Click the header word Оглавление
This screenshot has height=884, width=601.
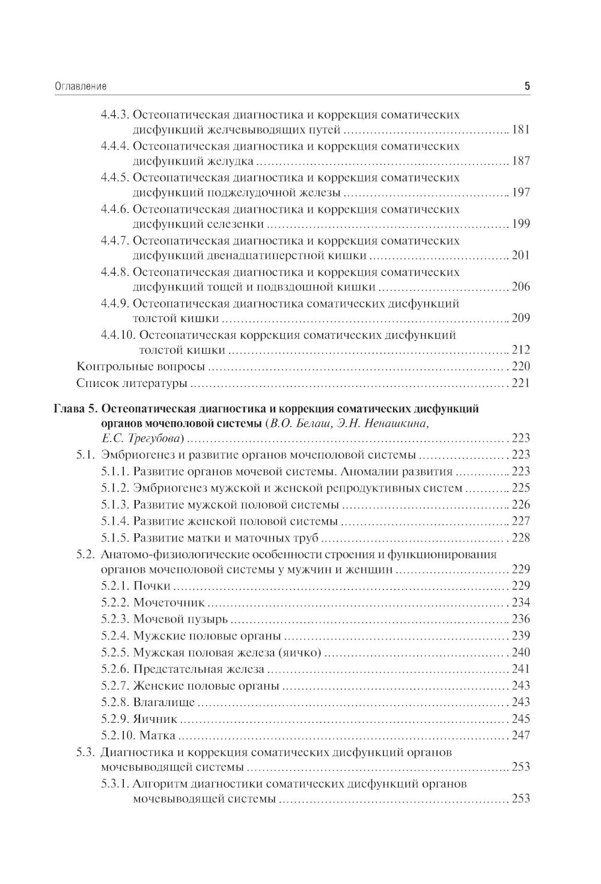81,87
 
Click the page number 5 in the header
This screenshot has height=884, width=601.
527,87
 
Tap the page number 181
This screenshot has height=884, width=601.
520,130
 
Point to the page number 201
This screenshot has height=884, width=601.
520,255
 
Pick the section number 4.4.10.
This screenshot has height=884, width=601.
117,335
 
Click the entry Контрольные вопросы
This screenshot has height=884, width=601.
141,367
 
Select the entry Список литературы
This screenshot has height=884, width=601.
132,383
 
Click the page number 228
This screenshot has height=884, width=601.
520,537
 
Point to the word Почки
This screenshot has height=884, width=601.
152,586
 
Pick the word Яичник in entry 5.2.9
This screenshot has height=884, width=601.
156,718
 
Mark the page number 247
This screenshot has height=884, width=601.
520,735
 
